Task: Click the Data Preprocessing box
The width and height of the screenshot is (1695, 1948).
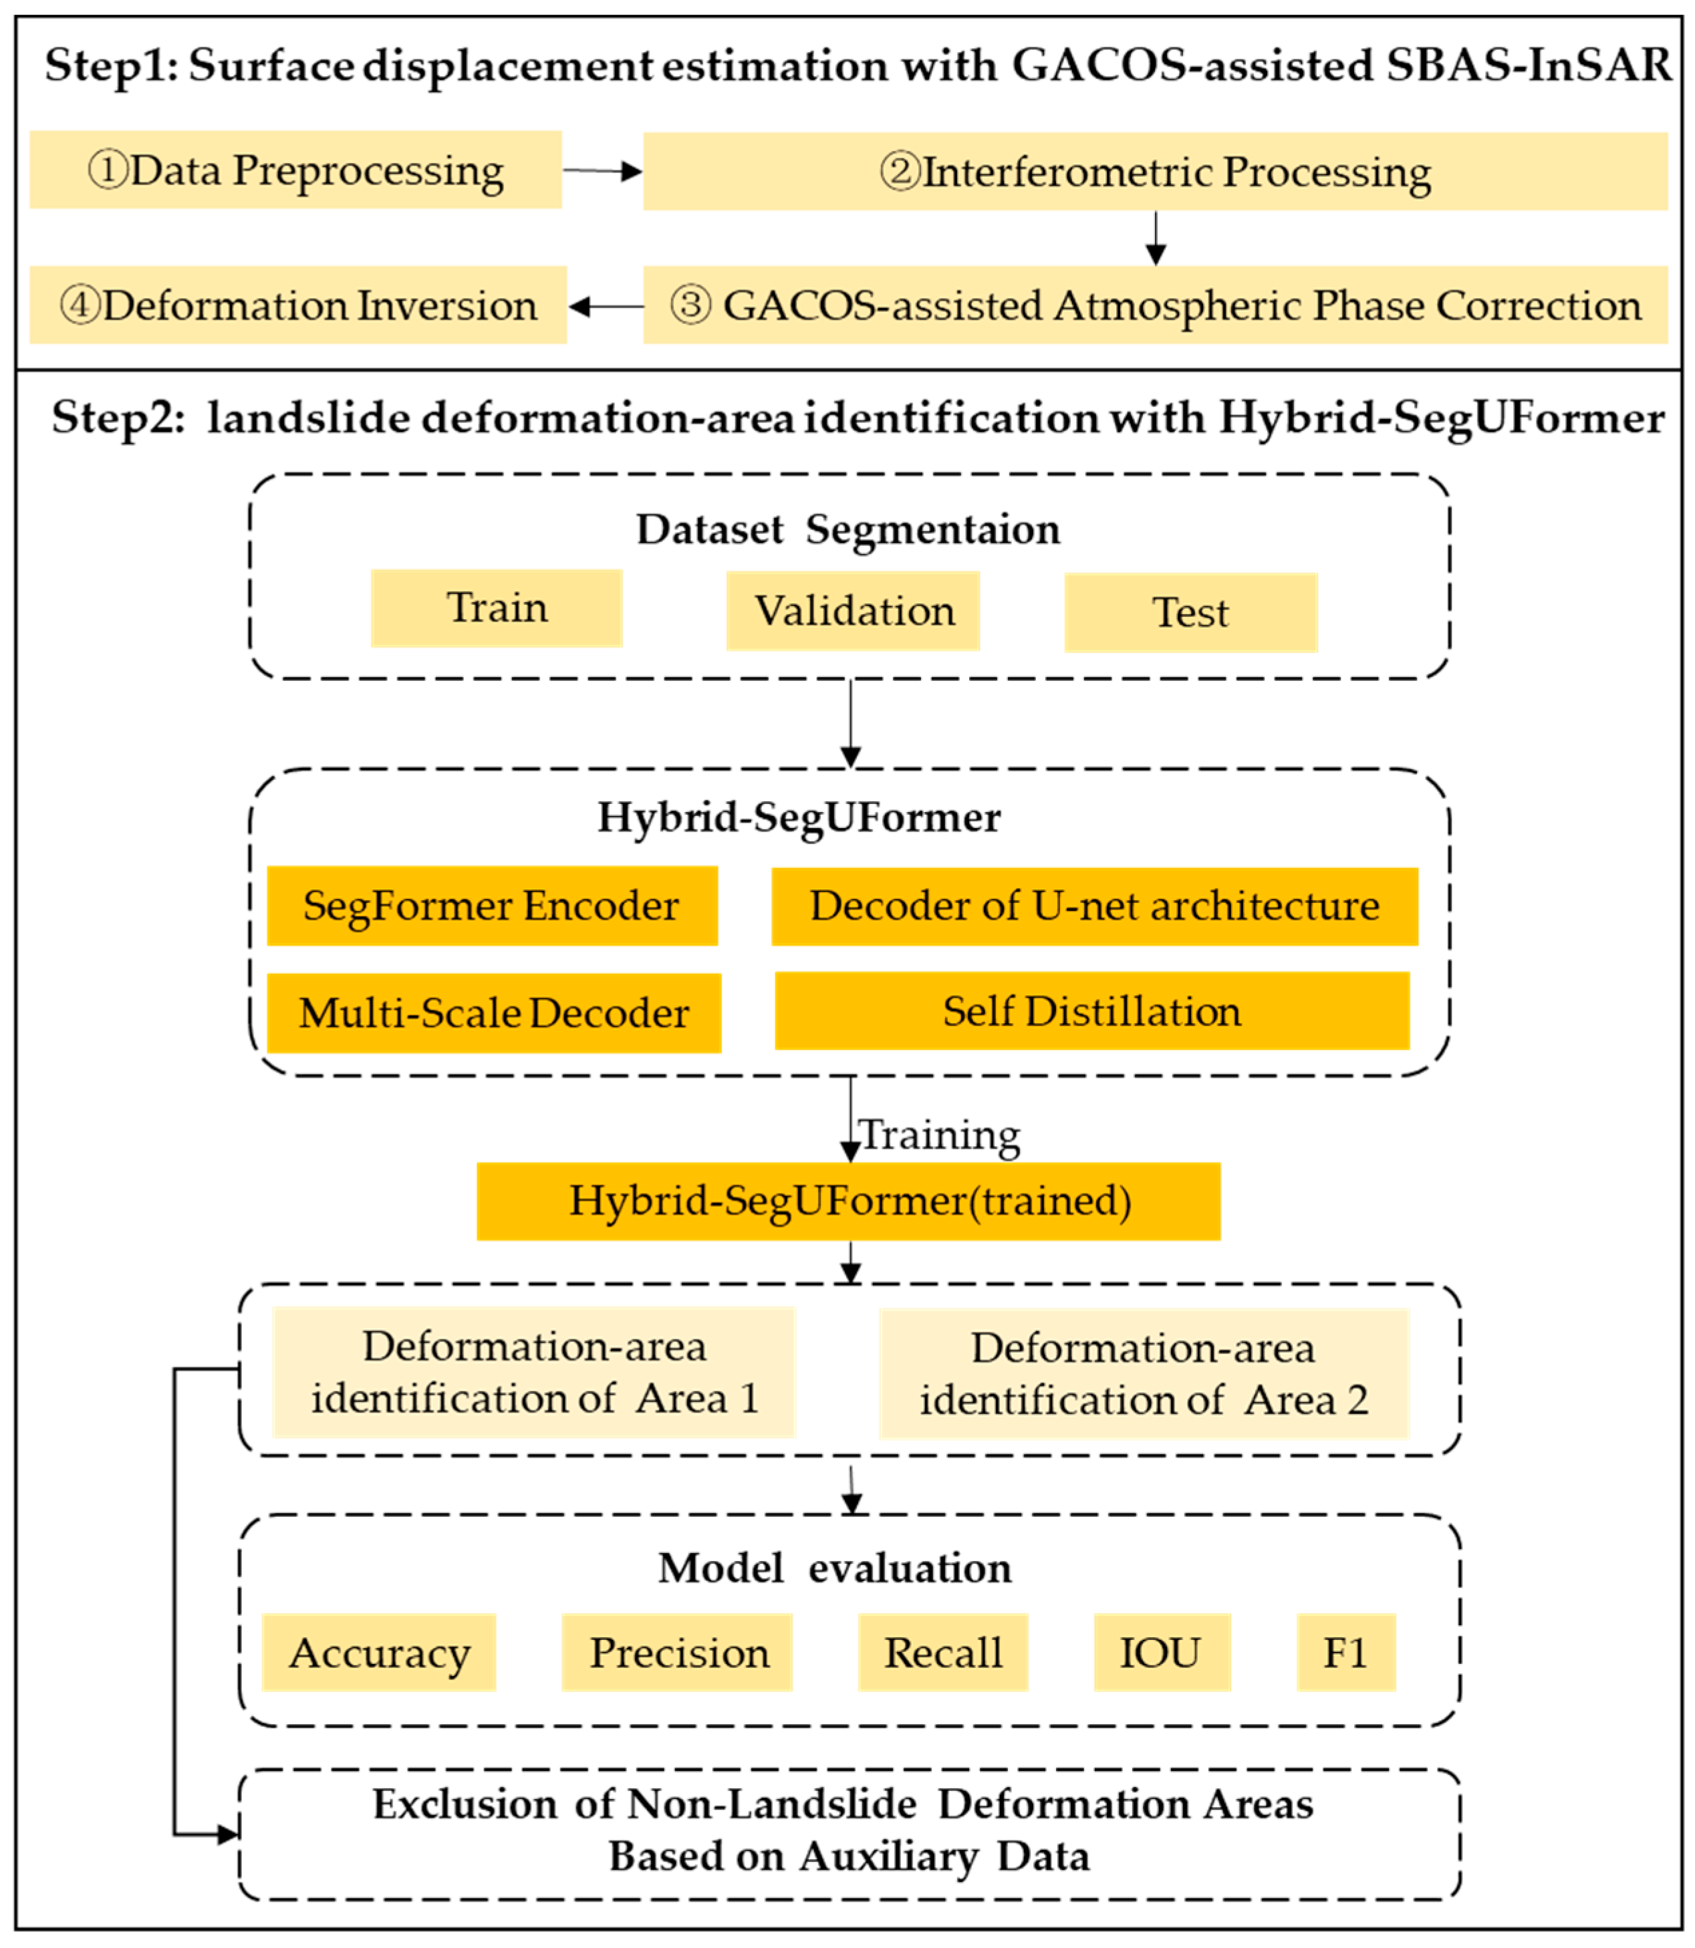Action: (x=295, y=170)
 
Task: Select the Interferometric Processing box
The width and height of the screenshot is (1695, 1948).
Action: (x=1155, y=171)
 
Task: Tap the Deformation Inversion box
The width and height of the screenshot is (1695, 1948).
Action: (x=298, y=305)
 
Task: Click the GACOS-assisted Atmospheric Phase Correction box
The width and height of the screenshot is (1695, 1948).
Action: (x=1155, y=305)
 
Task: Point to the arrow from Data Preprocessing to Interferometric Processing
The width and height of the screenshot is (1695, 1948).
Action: (x=602, y=171)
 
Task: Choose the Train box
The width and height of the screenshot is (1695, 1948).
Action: (x=497, y=608)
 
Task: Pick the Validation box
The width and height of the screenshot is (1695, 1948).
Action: (x=853, y=611)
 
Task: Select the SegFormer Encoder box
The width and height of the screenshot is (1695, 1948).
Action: (x=492, y=906)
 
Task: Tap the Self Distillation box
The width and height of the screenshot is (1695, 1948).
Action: (x=1091, y=1011)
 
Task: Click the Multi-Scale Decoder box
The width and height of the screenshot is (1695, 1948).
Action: (x=494, y=1013)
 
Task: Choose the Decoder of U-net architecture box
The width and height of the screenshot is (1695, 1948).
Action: (x=1094, y=906)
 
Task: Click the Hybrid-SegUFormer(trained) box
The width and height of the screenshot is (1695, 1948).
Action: (x=848, y=1201)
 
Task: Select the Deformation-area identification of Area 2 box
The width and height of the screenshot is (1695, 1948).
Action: (x=1144, y=1374)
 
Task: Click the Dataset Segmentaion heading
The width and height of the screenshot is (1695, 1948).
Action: (x=847, y=529)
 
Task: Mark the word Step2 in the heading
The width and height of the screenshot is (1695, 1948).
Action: (x=116, y=418)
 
